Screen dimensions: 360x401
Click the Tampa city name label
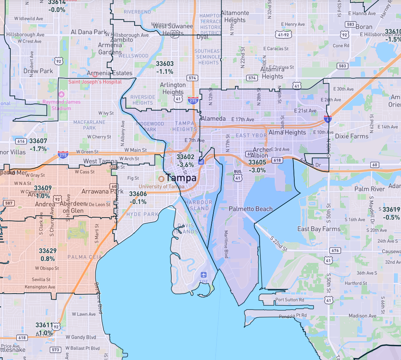coord(181,178)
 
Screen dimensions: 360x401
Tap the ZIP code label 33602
coord(185,158)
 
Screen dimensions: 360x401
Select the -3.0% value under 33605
coord(257,170)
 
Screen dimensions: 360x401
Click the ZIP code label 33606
coord(138,194)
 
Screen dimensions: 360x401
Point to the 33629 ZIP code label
coord(48,251)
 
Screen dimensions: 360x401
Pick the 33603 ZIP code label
coord(164,64)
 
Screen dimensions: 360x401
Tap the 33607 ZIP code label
coord(38,141)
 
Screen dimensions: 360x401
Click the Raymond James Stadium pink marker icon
coord(61,95)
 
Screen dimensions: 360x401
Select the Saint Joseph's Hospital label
coord(95,82)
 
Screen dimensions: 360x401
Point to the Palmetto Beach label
coord(250,209)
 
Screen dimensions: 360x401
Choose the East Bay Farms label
coord(319,229)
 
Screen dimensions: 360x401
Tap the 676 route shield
coord(335,250)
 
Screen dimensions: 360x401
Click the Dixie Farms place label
coord(352,136)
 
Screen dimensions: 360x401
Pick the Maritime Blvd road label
coord(226,244)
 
